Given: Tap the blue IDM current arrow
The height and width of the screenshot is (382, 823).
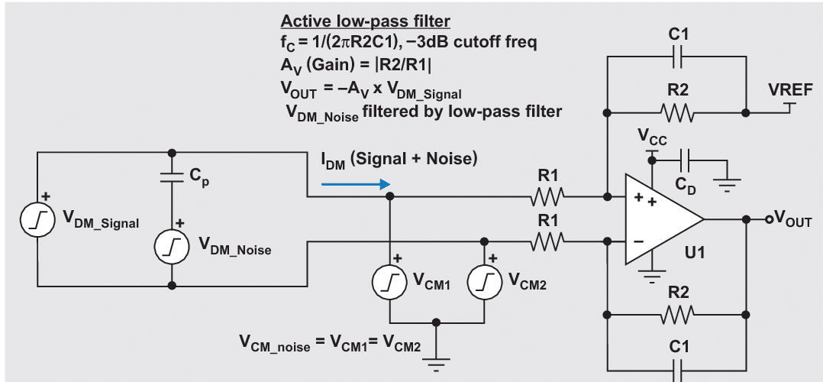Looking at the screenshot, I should click(356, 184).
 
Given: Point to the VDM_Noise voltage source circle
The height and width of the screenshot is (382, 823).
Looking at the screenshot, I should click(170, 246).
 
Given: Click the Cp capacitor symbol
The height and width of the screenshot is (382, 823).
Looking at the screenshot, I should click(171, 177).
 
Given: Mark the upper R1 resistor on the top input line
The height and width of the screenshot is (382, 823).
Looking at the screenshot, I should click(548, 197).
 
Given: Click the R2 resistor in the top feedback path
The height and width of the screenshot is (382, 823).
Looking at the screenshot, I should click(677, 112).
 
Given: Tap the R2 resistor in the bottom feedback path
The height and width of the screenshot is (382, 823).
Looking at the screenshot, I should click(677, 313).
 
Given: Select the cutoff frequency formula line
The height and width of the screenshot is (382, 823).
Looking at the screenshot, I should click(409, 43).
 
